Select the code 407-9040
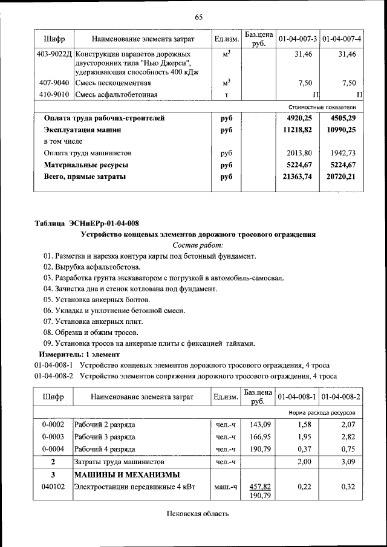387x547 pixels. click(x=54, y=83)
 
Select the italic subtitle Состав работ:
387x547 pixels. click(x=198, y=245)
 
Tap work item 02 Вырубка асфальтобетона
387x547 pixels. click(x=91, y=267)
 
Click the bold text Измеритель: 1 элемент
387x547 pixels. click(x=79, y=354)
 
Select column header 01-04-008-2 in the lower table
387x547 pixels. click(x=342, y=397)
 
